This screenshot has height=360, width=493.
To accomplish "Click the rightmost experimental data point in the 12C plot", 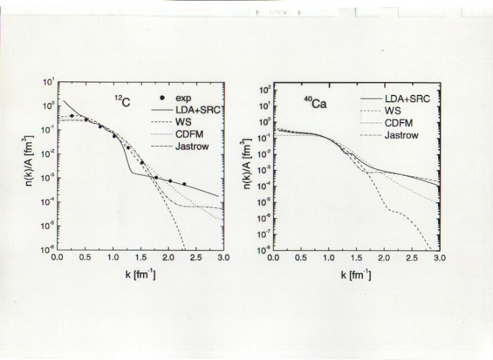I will point(184,184).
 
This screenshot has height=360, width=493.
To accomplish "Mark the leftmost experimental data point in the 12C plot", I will point(72,116).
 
